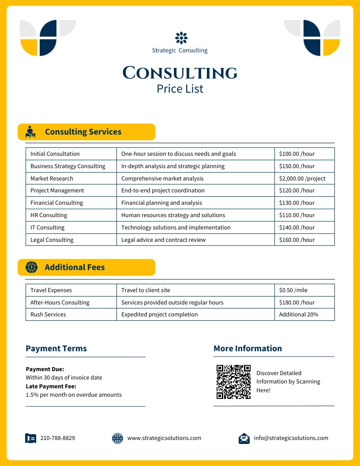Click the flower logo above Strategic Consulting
(x=181, y=38)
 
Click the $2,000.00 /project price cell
(x=302, y=178)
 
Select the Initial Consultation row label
(x=55, y=154)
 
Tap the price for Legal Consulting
(x=297, y=240)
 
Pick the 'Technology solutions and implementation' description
(x=176, y=228)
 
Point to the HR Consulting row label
(x=49, y=215)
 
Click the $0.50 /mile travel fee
(x=293, y=290)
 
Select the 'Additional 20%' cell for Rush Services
(x=299, y=315)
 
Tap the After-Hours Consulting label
(x=60, y=303)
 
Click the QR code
(x=233, y=382)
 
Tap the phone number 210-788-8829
(x=57, y=438)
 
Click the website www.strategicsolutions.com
(x=164, y=438)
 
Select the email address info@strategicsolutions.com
(x=291, y=438)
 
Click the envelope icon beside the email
(x=244, y=438)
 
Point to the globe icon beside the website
(x=117, y=438)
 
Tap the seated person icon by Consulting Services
(x=30, y=132)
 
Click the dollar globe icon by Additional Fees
(x=31, y=267)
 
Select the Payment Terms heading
(x=56, y=349)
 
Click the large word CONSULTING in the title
(x=180, y=73)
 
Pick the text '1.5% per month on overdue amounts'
(x=74, y=395)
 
